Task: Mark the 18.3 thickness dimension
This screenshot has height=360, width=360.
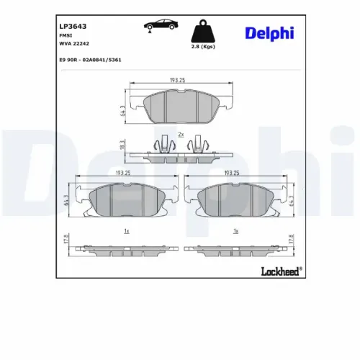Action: tap(122, 145)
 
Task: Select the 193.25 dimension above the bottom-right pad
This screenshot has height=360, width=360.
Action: tap(232, 174)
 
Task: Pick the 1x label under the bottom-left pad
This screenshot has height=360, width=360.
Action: tap(127, 231)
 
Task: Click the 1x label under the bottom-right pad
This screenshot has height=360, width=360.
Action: tap(236, 231)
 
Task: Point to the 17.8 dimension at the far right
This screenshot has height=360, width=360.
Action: tap(291, 240)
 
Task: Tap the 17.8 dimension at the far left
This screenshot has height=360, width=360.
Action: tap(66, 240)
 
